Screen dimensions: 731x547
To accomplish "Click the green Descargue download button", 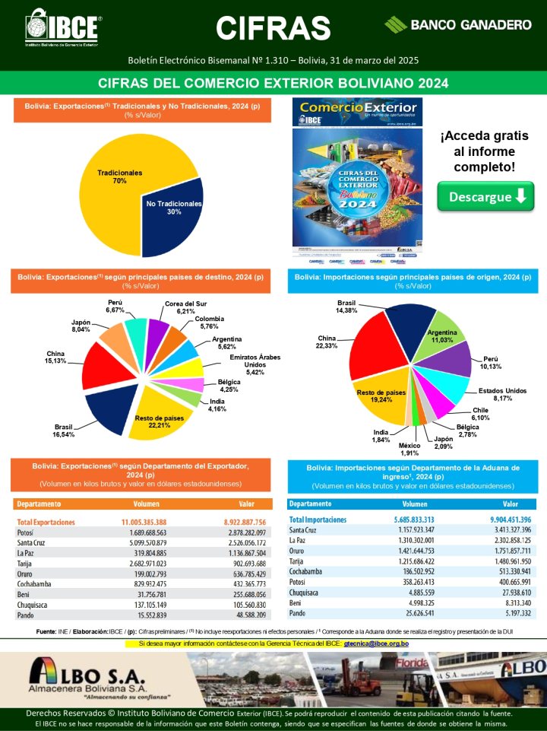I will [x=485, y=197].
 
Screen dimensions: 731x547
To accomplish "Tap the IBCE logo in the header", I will [x=64, y=29].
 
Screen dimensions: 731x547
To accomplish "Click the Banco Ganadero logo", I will [x=458, y=24].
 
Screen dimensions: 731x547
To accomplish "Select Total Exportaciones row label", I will [x=46, y=523].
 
